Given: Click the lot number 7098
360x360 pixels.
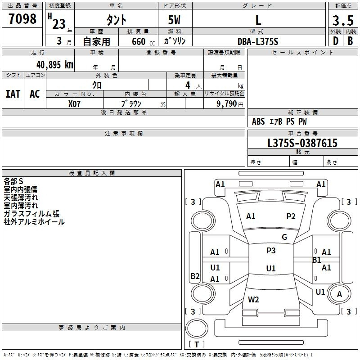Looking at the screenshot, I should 22,19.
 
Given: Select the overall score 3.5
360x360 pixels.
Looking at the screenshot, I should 342,20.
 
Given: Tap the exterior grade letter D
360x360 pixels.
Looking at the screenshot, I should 335,40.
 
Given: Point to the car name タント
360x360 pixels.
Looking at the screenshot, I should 116,20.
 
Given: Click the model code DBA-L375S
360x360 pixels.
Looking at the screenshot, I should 258,41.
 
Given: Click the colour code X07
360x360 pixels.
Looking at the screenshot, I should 75,103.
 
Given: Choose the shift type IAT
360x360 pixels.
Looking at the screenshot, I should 13,94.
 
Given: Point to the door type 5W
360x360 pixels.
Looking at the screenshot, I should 175,20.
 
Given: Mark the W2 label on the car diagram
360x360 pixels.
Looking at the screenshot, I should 253,299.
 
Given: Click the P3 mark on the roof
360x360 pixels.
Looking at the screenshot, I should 271,251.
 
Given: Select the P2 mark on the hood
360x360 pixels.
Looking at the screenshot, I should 291,216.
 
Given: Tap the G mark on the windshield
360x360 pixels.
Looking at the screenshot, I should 284,237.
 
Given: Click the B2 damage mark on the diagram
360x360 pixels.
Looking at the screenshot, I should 195,276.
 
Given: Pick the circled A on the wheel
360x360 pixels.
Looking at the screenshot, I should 340,294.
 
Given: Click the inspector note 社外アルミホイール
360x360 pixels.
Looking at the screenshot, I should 34,222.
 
